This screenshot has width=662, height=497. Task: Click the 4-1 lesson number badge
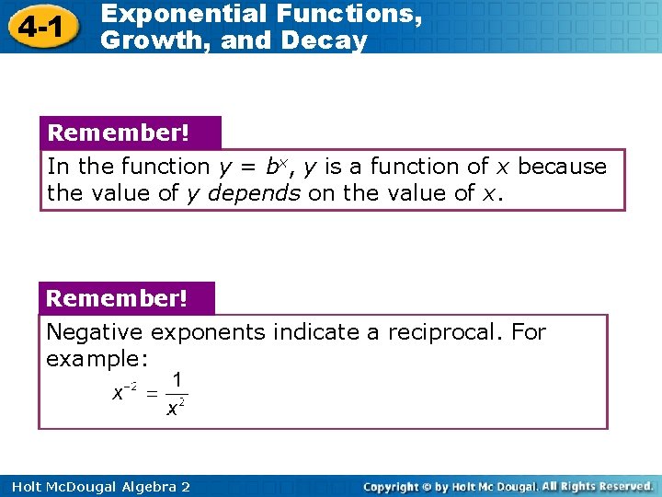(x=39, y=28)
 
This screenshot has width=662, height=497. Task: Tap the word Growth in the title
(x=143, y=40)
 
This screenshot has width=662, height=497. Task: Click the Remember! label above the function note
(x=118, y=133)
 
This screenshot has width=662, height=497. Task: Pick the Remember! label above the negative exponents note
(x=116, y=299)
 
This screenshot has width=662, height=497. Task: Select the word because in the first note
(x=562, y=167)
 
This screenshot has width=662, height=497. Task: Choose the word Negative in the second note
(x=95, y=332)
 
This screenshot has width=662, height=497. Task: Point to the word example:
(x=97, y=358)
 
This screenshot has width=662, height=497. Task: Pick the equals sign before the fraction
(x=152, y=394)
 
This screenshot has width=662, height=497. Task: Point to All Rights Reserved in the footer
(x=597, y=486)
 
